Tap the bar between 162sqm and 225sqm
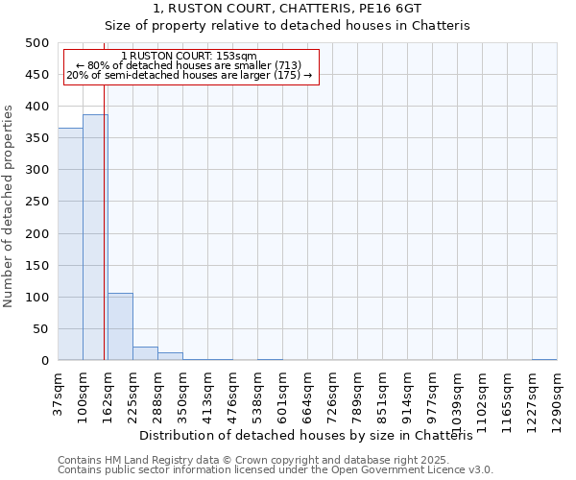tap(120, 327)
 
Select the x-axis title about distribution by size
tap(312, 436)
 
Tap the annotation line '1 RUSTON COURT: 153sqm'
tap(190, 56)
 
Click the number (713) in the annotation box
tap(285, 65)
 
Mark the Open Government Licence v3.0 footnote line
tap(275, 470)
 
